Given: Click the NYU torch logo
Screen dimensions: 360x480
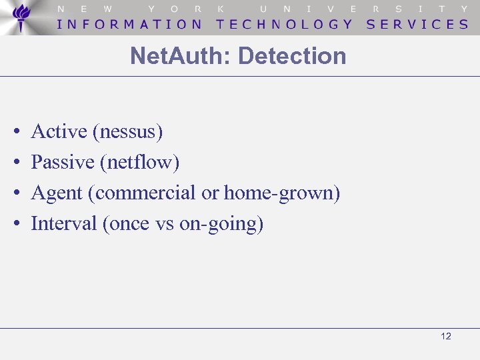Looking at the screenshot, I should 22,17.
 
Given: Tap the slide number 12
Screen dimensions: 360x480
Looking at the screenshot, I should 446,336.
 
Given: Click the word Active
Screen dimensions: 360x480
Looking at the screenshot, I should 59,131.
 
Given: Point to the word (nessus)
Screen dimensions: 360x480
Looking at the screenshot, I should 128,132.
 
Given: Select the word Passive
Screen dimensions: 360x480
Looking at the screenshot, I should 63,162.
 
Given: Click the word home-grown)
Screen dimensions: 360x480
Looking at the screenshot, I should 282,193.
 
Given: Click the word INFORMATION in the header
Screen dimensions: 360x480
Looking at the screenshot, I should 130,24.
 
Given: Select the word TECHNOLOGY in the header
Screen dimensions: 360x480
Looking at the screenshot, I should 285,24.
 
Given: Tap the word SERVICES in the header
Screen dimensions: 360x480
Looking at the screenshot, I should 417,24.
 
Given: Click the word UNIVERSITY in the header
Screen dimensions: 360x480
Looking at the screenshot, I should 364,9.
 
